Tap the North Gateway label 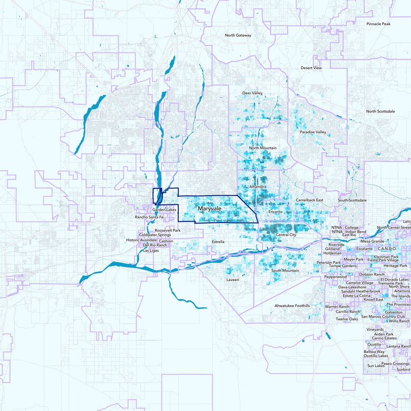pyautogui.click(x=238, y=35)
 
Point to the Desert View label pyautogui.click(x=311, y=68)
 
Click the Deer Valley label pyautogui.click(x=252, y=93)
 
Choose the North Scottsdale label pyautogui.click(x=381, y=111)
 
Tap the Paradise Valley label pyautogui.click(x=313, y=132)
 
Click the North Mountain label pyautogui.click(x=263, y=148)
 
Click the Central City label pyautogui.click(x=286, y=235)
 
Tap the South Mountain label pyautogui.click(x=285, y=270)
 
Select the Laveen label pyautogui.click(x=233, y=280)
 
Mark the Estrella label pyautogui.click(x=218, y=241)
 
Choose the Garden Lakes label pyautogui.click(x=164, y=210)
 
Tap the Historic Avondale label pyautogui.click(x=142, y=240)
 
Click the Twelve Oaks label pyautogui.click(x=347, y=319)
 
